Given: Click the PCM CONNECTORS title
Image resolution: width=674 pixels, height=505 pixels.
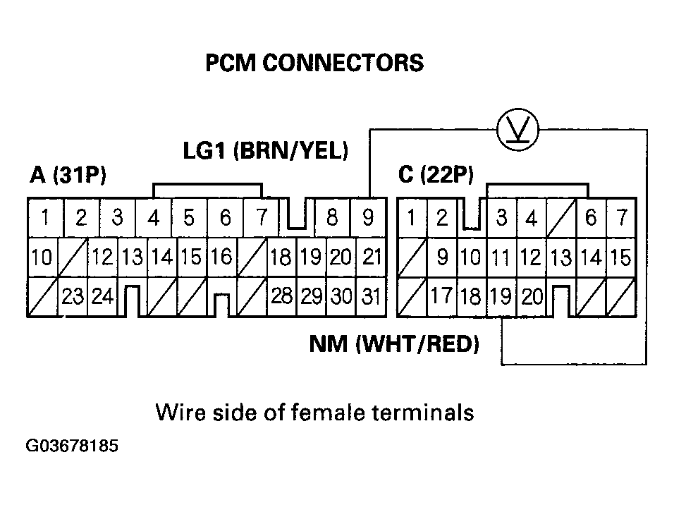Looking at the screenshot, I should pos(314,63).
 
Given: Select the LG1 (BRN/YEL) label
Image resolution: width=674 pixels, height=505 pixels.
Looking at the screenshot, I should pos(266,150).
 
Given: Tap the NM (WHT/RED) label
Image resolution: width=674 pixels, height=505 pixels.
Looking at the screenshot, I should pos(395,344).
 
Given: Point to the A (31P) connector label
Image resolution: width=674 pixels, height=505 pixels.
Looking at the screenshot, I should pos(68,176).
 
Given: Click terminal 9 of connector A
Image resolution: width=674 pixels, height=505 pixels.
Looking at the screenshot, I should pos(368,218).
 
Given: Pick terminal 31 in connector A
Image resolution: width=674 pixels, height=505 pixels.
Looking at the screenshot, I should pos(369,297).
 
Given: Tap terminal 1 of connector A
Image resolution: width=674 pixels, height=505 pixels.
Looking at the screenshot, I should pos(44,218).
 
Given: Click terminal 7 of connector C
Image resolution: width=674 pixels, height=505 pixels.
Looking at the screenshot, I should pos(621,218).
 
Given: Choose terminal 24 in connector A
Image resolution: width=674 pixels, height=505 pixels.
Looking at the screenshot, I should pos(102,297).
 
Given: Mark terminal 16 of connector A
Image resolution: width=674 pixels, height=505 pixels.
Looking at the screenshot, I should pos(221,257).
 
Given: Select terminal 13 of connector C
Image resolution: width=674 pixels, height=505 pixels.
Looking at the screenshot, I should pos(561,258).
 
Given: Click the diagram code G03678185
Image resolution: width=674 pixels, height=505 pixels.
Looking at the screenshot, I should pos(72,447).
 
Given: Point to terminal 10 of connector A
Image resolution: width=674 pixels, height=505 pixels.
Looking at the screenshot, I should pos(42,258).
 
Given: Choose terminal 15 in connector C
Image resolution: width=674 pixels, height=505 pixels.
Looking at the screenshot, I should pos(621,258).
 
